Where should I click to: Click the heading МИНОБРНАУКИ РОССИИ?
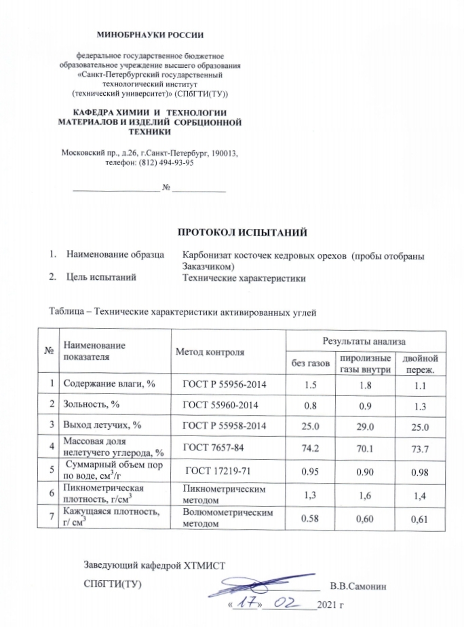(x=150, y=33)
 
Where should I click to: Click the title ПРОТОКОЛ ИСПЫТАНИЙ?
(x=242, y=233)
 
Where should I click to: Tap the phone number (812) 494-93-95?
(x=168, y=163)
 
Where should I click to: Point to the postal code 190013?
(x=225, y=153)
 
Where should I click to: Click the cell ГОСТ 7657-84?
(x=216, y=448)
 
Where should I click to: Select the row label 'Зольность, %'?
(x=92, y=405)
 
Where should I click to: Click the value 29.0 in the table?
(x=365, y=427)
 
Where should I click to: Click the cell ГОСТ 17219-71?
(x=218, y=471)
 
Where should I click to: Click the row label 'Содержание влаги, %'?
(x=110, y=384)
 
